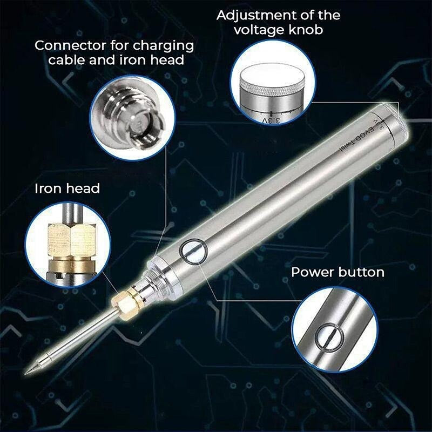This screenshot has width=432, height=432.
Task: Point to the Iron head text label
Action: [x=67, y=188]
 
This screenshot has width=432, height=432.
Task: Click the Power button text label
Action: [x=337, y=272]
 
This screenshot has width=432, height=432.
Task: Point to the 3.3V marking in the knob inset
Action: [x=271, y=117]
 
